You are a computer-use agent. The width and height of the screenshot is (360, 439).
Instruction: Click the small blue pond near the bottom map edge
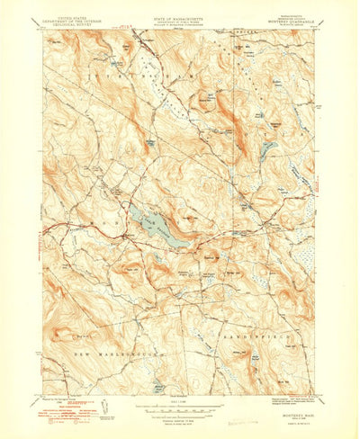coord(160,389)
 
